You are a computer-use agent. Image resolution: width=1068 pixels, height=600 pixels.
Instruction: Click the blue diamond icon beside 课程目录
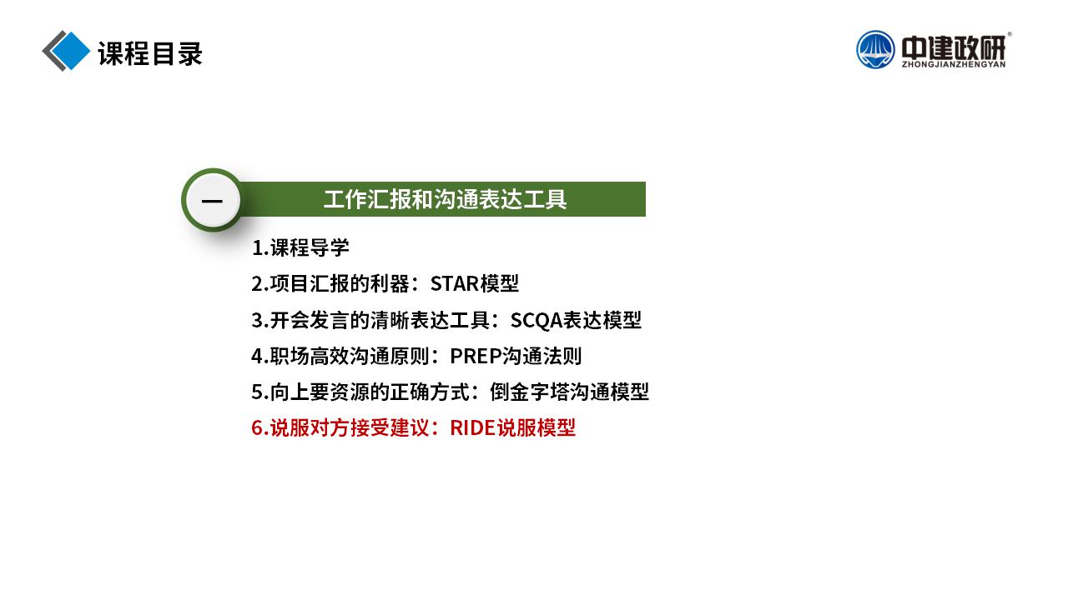[69, 51]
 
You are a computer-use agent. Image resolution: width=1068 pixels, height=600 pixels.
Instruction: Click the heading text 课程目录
[150, 52]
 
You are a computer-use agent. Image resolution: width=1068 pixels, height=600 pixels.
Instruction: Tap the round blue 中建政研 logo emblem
[875, 49]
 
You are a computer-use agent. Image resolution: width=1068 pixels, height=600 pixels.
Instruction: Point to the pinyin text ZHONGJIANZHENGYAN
[954, 64]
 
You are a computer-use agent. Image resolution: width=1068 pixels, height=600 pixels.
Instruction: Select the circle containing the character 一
[213, 200]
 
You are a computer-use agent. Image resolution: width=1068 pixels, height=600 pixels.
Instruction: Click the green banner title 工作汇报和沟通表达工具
[445, 199]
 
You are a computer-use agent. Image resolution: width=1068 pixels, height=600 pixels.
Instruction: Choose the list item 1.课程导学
[300, 247]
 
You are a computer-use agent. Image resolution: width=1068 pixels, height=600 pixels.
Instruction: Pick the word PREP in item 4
[476, 356]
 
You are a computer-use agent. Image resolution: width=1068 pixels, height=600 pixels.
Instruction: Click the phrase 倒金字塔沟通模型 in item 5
[569, 392]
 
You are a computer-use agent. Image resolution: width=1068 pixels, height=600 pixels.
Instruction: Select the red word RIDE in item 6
[472, 427]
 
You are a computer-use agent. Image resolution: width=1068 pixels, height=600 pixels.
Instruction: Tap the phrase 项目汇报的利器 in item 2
[340, 284]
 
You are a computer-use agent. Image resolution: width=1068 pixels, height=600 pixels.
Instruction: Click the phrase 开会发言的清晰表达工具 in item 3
[380, 320]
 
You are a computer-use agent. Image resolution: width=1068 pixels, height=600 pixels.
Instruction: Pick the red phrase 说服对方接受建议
[350, 427]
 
